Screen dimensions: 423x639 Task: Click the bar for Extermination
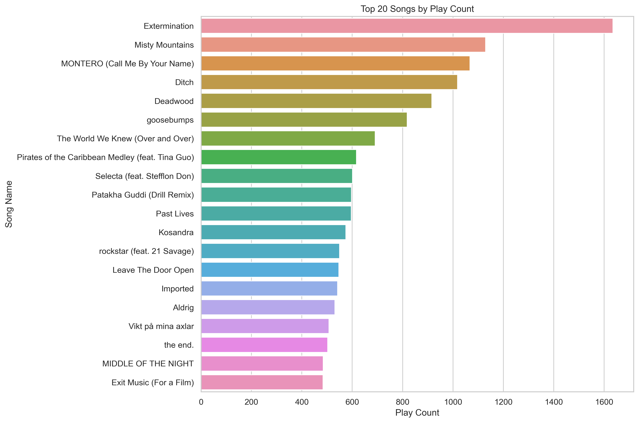[407, 26]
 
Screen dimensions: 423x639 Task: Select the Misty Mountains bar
[343, 45]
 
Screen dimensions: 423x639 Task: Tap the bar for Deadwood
[316, 101]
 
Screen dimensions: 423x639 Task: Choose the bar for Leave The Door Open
[270, 270]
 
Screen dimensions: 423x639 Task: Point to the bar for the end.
[264, 345]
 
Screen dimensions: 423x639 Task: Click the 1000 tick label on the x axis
[453, 402]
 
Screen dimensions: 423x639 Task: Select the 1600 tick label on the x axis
[604, 402]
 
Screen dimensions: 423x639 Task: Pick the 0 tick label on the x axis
[201, 402]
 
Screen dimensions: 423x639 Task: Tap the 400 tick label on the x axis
[302, 402]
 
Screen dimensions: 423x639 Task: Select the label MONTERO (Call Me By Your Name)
[127, 64]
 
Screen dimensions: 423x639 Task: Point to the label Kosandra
[176, 232]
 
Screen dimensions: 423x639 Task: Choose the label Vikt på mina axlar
[161, 326]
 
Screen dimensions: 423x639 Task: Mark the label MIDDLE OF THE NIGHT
[148, 364]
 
